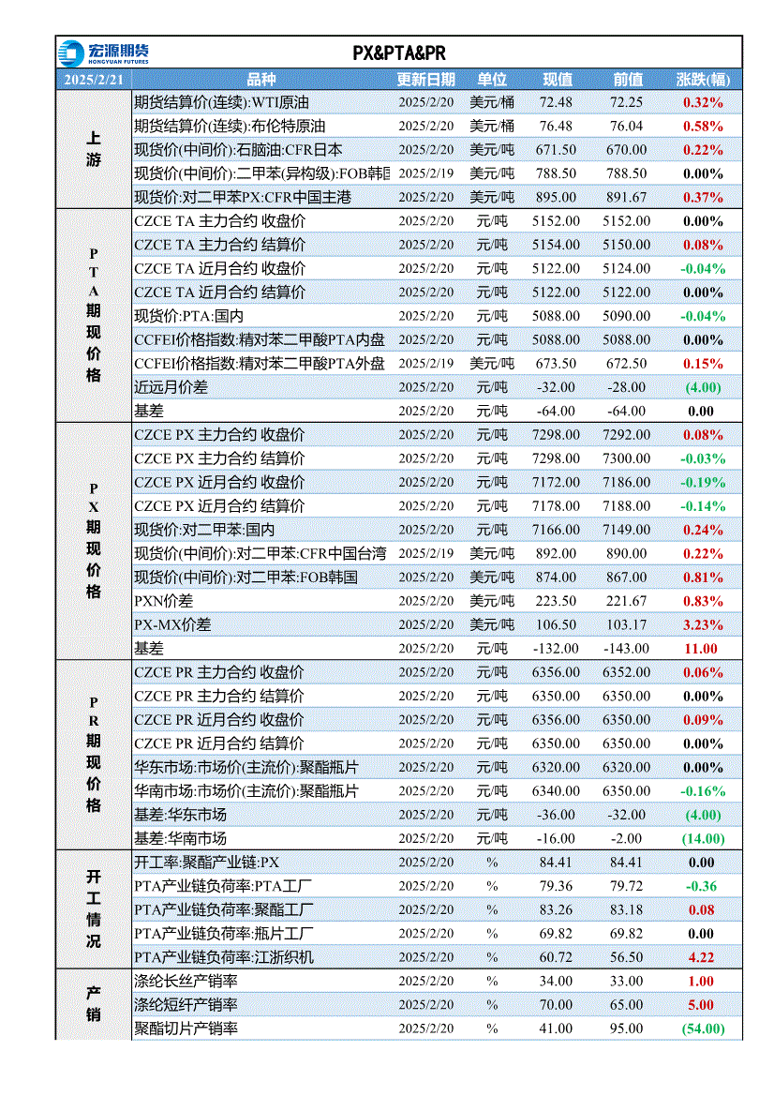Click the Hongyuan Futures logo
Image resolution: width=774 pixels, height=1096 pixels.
(103, 53)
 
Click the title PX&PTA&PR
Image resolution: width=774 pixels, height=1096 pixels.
(399, 53)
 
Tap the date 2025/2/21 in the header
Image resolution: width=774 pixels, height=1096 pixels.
(94, 80)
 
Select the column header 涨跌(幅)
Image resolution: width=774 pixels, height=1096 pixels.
(703, 80)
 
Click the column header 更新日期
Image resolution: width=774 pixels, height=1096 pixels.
(426, 80)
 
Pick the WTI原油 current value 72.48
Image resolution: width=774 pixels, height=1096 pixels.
(556, 102)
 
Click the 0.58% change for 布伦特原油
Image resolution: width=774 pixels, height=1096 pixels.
(703, 127)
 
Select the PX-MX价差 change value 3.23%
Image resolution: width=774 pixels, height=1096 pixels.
(703, 625)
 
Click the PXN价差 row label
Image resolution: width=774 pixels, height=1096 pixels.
(163, 601)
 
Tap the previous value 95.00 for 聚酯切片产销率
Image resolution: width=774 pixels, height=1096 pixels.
(627, 1028)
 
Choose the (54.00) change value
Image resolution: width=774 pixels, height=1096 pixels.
(703, 1028)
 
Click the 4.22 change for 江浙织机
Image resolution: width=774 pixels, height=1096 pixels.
(701, 957)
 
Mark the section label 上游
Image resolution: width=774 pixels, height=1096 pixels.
(94, 149)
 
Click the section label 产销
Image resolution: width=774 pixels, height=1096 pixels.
(94, 1004)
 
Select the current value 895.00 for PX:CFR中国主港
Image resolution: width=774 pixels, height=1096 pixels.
(556, 198)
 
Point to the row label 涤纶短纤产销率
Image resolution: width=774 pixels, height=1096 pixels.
(186, 1005)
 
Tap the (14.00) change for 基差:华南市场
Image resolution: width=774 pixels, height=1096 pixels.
(703, 839)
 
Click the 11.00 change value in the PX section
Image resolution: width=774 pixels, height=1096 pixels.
(701, 649)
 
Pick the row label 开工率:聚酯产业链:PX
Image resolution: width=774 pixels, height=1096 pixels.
(206, 863)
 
